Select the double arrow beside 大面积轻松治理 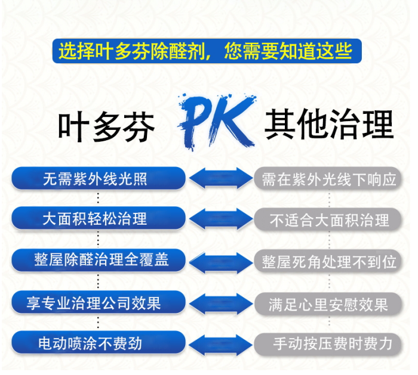(220, 219)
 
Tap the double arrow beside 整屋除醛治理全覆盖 (220, 261)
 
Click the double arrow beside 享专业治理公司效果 (220, 303)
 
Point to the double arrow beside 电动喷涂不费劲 (220, 344)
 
